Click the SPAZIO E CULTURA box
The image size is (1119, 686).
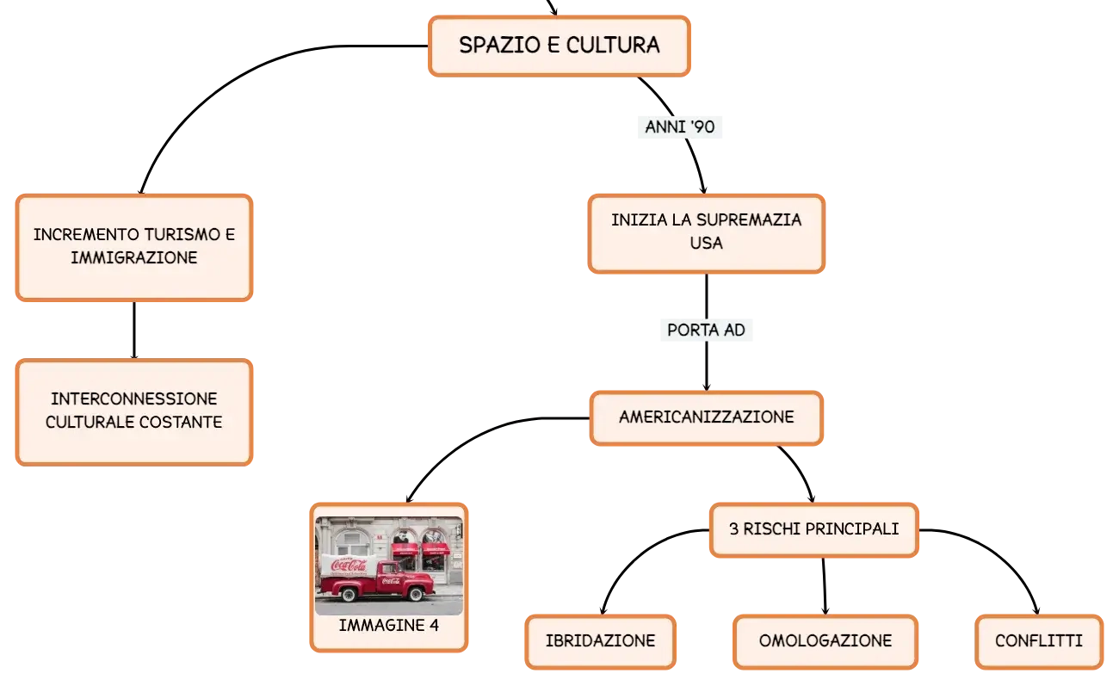point(559,46)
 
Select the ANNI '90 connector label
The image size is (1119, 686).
point(680,127)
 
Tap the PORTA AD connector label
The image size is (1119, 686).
point(706,330)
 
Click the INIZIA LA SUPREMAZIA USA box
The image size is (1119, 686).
point(706,233)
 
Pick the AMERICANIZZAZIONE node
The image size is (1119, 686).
point(706,417)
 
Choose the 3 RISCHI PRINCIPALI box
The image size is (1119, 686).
point(813,529)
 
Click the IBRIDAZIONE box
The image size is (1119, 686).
point(600,641)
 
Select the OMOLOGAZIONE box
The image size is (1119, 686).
point(825,641)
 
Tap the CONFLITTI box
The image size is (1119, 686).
point(1039,641)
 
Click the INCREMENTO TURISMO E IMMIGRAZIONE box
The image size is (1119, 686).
point(134,247)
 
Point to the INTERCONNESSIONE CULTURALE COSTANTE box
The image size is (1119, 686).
point(134,411)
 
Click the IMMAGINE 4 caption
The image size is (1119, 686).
point(389,626)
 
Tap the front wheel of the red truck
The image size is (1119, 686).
point(416,594)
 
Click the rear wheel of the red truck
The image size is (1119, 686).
point(349,594)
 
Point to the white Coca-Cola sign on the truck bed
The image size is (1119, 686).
point(349,565)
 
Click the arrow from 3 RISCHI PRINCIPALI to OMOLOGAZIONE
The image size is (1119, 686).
point(825,585)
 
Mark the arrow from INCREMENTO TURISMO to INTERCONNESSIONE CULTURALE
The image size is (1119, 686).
point(134,331)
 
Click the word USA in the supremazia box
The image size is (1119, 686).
point(706,244)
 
